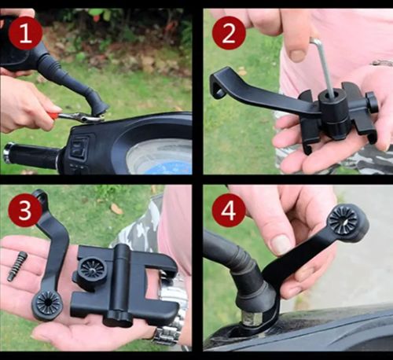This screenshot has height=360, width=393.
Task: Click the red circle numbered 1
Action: click(x=25, y=33)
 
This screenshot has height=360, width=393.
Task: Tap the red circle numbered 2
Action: click(x=229, y=33)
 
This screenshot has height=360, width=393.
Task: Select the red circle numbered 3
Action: click(x=25, y=211)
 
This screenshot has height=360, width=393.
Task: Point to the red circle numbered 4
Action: click(x=229, y=211)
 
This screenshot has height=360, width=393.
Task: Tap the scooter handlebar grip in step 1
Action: click(x=31, y=155)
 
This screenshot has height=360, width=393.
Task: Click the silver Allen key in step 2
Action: click(x=325, y=67)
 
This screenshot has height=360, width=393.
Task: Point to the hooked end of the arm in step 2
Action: click(x=218, y=84)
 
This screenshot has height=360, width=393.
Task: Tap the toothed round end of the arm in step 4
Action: click(x=343, y=219)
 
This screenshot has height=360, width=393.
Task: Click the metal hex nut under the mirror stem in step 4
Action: click(x=252, y=318)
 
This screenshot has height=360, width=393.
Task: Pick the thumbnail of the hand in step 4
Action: click(x=282, y=244)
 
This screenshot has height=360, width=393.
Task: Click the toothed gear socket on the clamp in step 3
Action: click(x=92, y=269)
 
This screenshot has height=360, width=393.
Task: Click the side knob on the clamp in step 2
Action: click(x=372, y=105)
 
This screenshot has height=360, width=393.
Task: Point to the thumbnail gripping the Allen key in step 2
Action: click(x=298, y=54)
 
